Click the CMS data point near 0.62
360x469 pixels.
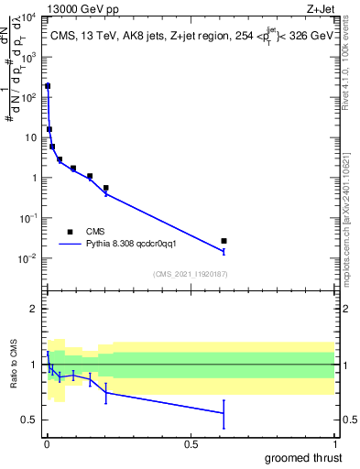(x=224, y=241)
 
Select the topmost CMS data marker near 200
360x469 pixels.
(x=48, y=86)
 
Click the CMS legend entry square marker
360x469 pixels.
(x=70, y=232)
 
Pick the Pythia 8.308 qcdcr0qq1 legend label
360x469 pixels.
(x=136, y=245)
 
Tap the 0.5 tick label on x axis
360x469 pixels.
(x=191, y=443)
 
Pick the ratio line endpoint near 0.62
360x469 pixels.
(x=224, y=413)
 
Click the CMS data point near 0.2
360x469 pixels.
(x=106, y=188)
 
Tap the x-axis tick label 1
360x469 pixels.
(x=334, y=443)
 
